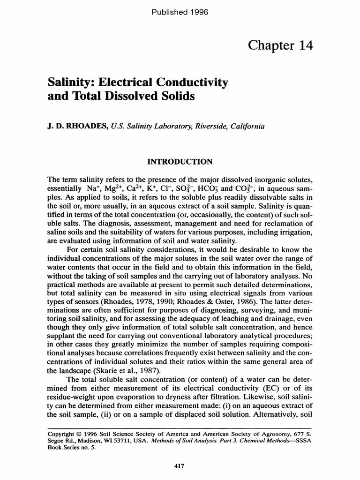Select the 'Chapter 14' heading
pos(280,45)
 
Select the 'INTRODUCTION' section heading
pos(180,162)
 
